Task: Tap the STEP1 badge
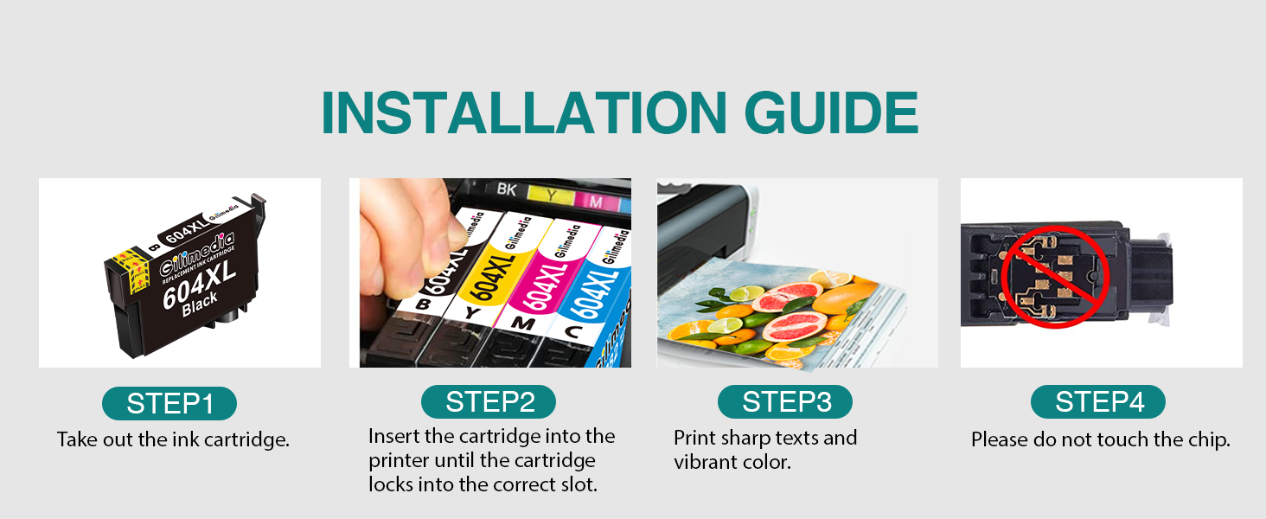pos(169,403)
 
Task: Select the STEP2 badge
pos(489,402)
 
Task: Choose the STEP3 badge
pos(785,402)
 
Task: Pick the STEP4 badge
pos(1098,402)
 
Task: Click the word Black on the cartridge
pos(200,304)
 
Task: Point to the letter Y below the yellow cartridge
pos(470,313)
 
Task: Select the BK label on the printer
pos(507,189)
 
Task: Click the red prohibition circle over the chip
pos(1055,277)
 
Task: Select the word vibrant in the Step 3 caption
pos(706,462)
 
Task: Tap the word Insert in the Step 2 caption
pos(394,436)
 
